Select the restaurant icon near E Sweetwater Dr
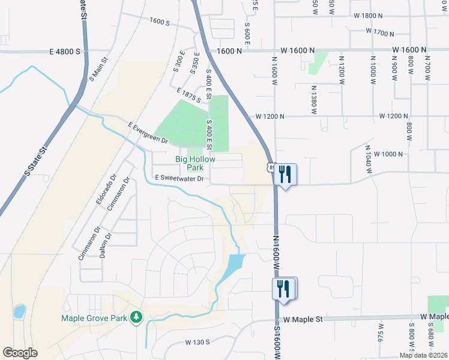click(x=285, y=175)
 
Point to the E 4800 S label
click(x=60, y=52)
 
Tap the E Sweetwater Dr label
click(x=179, y=178)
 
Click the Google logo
click(x=20, y=353)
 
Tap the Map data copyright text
click(x=423, y=355)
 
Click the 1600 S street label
click(x=160, y=22)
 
